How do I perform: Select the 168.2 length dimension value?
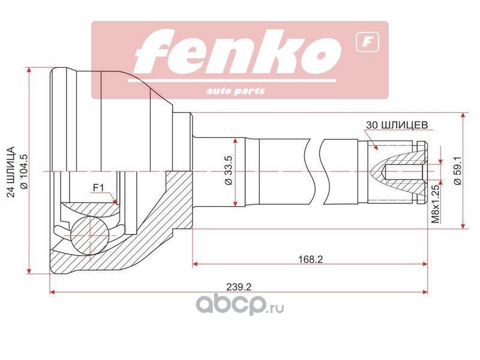311,259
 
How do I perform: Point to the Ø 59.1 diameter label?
457,171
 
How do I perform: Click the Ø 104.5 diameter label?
24,170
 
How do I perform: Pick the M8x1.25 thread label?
436,204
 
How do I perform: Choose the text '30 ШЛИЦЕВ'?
396,125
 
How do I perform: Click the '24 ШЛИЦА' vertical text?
10,170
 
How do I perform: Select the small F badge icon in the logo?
363,42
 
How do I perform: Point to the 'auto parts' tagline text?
235,91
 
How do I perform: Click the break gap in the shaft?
317,171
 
